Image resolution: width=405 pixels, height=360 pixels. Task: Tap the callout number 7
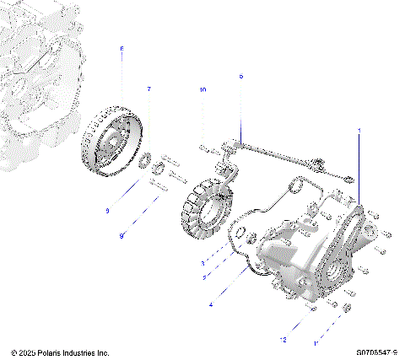(x=149, y=88)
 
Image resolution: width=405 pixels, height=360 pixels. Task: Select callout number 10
(x=202, y=89)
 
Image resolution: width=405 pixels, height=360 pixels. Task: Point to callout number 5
(x=240, y=76)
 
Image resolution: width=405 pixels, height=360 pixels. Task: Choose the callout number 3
(x=202, y=263)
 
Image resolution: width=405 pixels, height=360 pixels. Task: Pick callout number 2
(x=202, y=276)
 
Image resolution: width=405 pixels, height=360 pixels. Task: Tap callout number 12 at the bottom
(x=283, y=339)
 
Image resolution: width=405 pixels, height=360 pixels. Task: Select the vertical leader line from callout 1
(x=359, y=169)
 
